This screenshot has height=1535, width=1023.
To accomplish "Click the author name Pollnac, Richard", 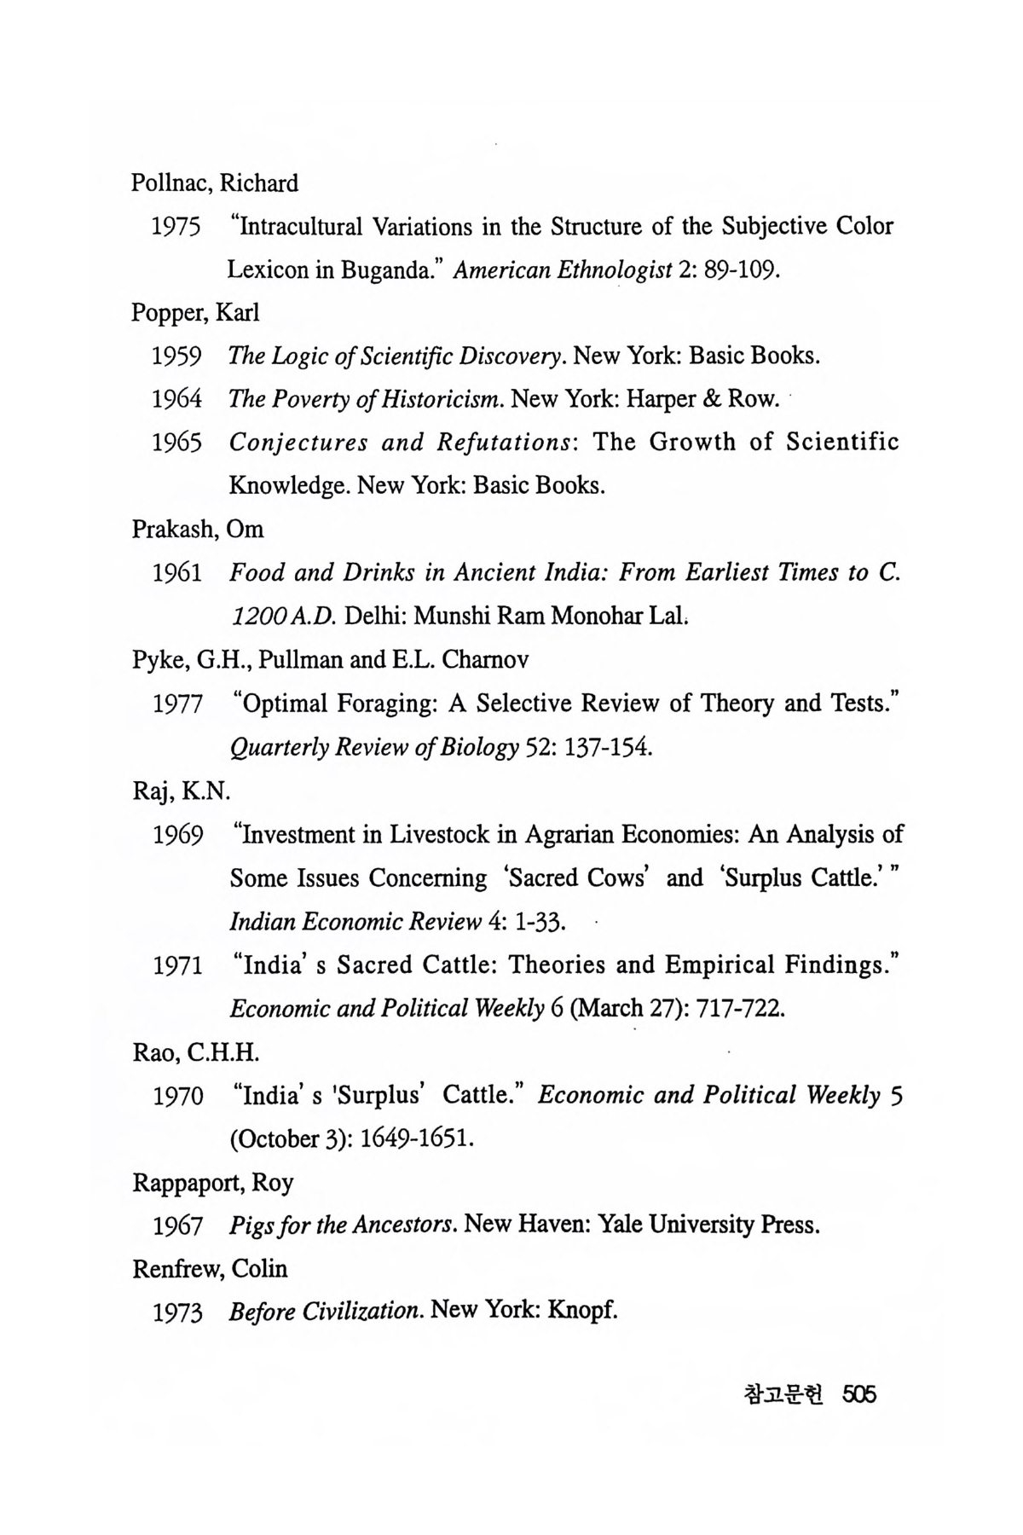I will pos(215,183).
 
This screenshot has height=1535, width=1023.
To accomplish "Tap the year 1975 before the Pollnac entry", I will pos(176,228).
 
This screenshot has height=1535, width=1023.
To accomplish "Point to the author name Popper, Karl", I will pos(195,313).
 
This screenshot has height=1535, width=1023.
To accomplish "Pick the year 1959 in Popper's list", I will pos(176,356).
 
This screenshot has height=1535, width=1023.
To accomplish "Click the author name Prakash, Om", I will pos(198,530).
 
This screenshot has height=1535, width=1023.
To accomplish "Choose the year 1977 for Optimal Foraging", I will pos(177,704).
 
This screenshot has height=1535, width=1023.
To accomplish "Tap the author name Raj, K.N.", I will pos(181,791).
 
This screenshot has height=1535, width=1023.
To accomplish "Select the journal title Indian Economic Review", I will pos(355,922).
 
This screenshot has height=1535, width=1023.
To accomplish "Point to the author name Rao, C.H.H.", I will pos(195,1053).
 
